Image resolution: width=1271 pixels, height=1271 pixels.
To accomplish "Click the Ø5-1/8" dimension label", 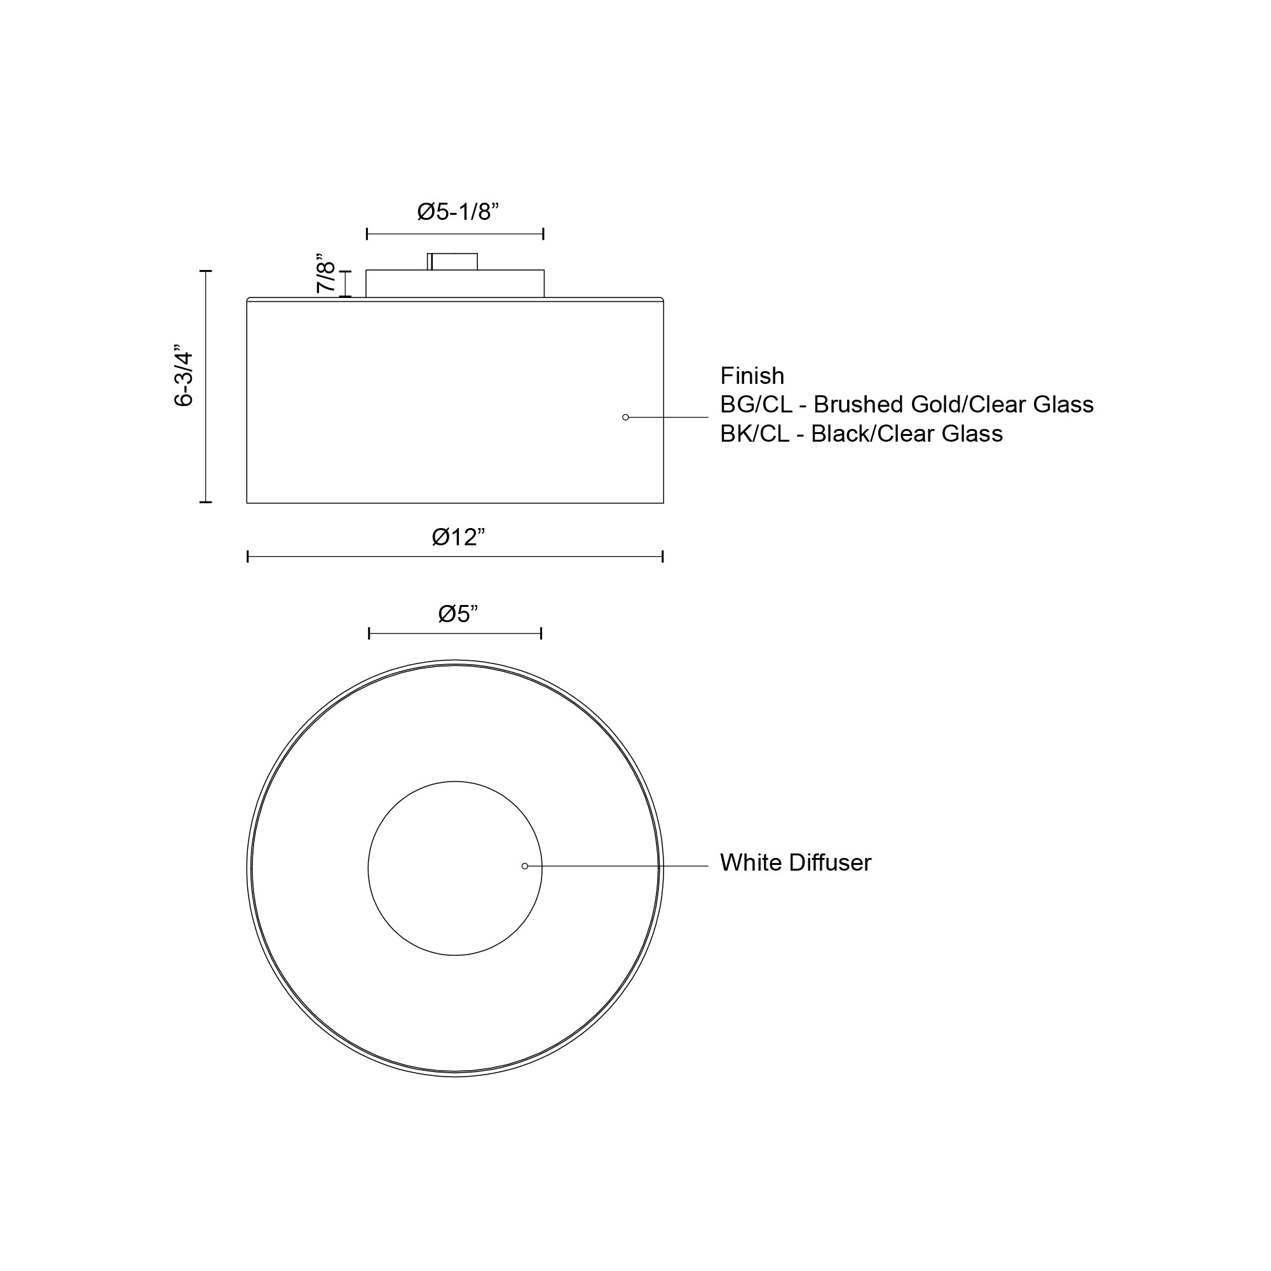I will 458,212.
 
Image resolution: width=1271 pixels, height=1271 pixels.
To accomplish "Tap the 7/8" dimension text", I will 325,274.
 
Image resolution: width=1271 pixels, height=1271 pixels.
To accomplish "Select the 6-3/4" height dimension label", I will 184,376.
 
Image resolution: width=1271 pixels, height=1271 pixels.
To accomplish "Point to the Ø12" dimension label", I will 458,538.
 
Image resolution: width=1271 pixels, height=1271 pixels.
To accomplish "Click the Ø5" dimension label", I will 458,614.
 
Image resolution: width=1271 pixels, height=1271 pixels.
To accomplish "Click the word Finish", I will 752,376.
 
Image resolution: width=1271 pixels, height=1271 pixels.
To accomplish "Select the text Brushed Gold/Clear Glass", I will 953,405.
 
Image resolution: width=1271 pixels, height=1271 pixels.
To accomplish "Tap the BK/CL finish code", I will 754,434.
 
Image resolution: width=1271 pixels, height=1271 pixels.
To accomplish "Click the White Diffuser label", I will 796,863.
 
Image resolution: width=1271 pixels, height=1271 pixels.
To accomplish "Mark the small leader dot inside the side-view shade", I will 625,417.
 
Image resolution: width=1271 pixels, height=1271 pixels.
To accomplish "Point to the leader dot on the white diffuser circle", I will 525,866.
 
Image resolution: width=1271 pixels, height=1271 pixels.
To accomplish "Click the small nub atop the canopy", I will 452,261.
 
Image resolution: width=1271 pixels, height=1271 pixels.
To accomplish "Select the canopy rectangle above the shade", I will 454,283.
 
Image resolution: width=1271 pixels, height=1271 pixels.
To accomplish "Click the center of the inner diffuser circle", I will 455,868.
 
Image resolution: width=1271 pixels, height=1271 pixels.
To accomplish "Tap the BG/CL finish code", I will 755,405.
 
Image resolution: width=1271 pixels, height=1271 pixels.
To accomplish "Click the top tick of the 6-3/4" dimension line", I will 206,271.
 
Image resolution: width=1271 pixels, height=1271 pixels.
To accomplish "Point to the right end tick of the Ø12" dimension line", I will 662,557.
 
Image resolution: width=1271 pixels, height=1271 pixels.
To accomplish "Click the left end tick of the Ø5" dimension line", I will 369,634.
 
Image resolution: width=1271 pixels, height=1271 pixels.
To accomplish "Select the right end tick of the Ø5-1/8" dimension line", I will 543,233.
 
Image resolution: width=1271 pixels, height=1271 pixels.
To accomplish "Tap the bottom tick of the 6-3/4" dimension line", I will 206,502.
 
